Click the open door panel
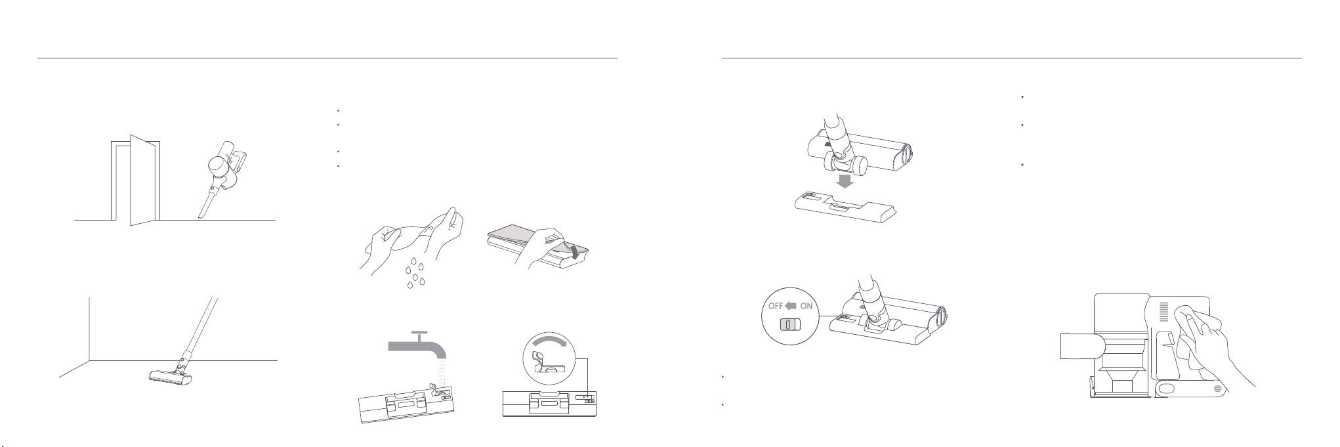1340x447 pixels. (x=142, y=179)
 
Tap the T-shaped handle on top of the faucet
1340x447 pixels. (x=417, y=335)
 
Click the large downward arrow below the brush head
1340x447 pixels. (x=846, y=181)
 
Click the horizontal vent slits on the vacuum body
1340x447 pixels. (x=1165, y=312)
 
